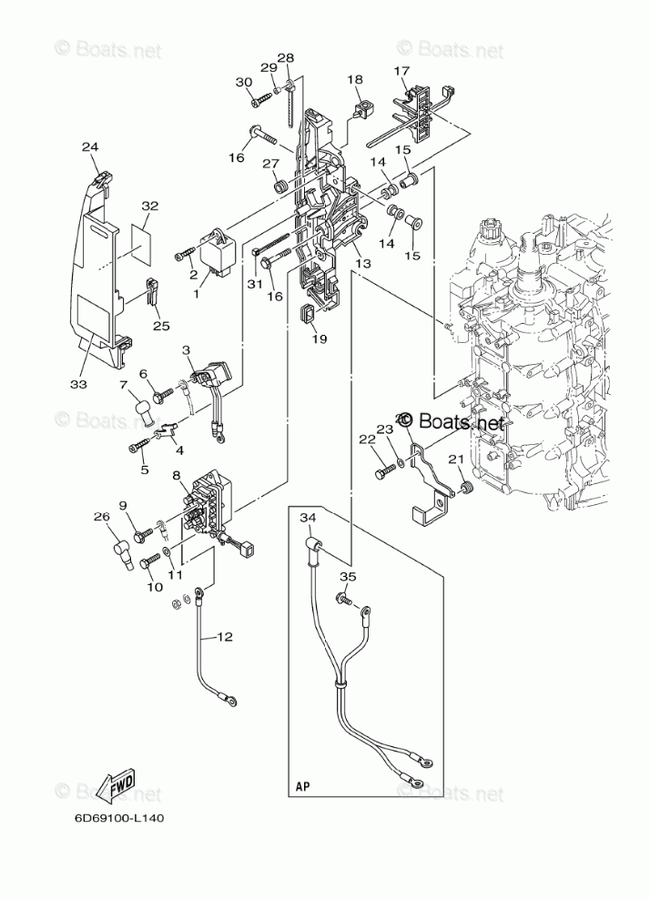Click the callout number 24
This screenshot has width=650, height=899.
[89, 147]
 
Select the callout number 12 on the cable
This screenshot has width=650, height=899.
[225, 637]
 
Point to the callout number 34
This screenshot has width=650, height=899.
[308, 518]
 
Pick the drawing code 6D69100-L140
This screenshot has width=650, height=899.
[119, 817]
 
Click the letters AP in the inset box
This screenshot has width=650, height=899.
[303, 783]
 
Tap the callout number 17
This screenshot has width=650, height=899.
[401, 70]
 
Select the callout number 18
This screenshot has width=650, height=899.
[354, 80]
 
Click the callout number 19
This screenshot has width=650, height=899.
[320, 339]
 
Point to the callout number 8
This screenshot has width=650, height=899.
[176, 475]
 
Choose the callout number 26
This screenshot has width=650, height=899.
[101, 518]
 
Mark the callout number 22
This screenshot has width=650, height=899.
[367, 439]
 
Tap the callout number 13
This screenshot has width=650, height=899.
[363, 263]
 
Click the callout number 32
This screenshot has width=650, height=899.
[150, 206]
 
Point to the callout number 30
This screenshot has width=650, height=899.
[244, 83]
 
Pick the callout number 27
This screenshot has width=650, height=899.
[270, 164]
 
